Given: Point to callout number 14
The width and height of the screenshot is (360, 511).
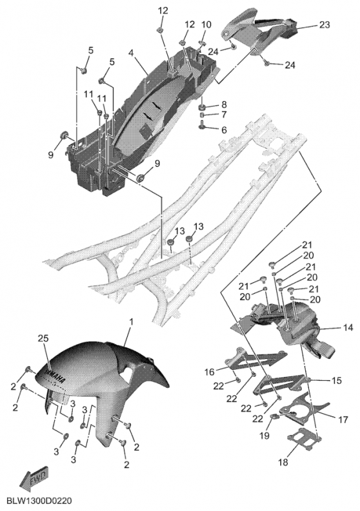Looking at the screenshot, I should click(x=348, y=328).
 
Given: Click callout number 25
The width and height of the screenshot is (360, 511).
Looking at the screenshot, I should click(x=43, y=337).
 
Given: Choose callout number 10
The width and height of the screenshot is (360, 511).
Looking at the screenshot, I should click(x=206, y=25).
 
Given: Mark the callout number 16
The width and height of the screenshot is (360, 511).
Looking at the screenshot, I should click(x=210, y=371).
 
